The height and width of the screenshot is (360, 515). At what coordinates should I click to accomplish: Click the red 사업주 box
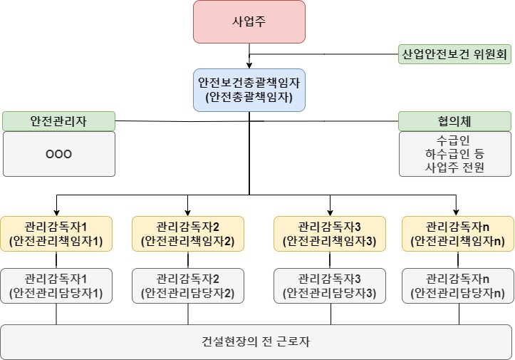tap(249, 21)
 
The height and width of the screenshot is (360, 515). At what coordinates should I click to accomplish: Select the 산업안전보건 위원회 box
tap(454, 54)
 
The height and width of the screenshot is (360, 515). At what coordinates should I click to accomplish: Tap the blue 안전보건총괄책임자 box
tap(249, 90)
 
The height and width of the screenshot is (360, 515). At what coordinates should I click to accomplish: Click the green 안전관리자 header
tap(58, 120)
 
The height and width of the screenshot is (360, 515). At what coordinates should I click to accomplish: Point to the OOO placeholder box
tap(58, 154)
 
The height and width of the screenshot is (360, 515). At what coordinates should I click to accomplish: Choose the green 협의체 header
tap(454, 120)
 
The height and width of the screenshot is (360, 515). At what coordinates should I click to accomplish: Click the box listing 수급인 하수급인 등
tap(454, 154)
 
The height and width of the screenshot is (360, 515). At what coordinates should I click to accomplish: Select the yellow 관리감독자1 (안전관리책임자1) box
tap(56, 234)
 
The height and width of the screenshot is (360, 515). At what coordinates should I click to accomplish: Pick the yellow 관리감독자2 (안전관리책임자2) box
tap(188, 234)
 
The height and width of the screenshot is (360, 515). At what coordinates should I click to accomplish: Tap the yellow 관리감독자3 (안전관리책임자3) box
tap(330, 234)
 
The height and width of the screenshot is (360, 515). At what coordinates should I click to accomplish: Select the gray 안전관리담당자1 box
tap(56, 285)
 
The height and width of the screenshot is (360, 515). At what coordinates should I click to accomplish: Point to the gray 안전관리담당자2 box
tap(188, 285)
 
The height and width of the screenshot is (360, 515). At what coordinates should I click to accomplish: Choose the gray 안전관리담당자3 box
tap(330, 285)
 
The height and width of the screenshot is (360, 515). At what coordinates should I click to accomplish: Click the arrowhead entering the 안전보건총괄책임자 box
tap(249, 66)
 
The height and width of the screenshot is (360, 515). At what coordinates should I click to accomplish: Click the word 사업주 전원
tap(454, 168)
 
